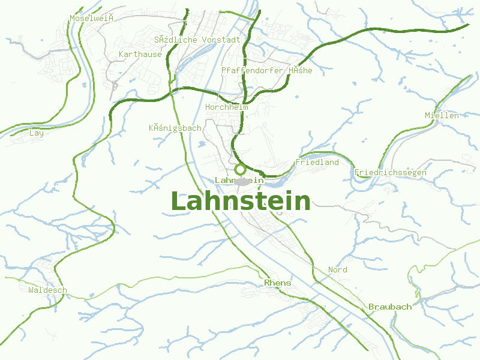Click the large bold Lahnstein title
tap(241, 201)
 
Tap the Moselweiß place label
tap(92, 18)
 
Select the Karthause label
tap(140, 54)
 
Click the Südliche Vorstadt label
tap(197, 40)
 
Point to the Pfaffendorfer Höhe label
tap(266, 70)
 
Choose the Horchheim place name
tap(226, 107)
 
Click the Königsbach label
tap(175, 128)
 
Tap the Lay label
tap(37, 133)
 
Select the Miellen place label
tap(442, 115)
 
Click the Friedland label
tap(317, 162)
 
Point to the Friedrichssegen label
tap(390, 173)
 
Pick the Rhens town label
tap(277, 283)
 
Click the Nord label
tap(337, 269)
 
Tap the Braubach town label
tap(390, 307)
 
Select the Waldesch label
tap(47, 290)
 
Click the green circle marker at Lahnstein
tap(240, 169)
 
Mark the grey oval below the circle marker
tap(241, 181)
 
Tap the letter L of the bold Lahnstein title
tap(179, 201)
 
